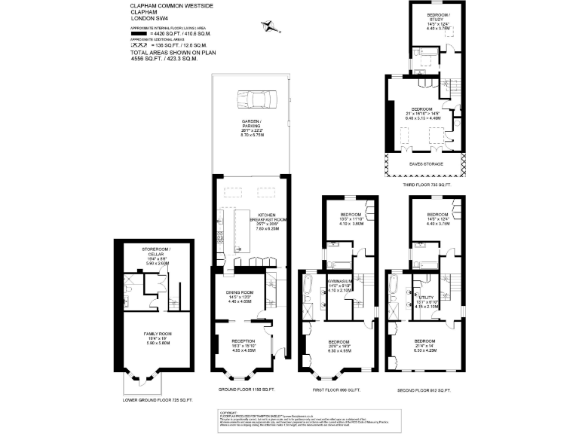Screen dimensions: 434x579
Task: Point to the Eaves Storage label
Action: (426, 164)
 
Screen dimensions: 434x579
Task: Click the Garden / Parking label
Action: (250, 124)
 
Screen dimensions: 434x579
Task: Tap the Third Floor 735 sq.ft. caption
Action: (426, 184)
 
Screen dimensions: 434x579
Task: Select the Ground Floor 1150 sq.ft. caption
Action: (247, 389)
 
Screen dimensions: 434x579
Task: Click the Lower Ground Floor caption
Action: (158, 399)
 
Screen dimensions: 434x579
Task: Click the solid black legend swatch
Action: (137, 35)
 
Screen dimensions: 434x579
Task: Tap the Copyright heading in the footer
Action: (228, 413)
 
